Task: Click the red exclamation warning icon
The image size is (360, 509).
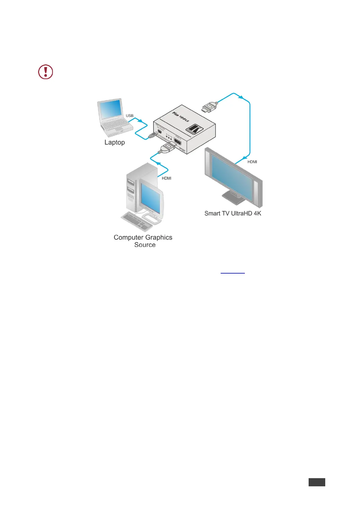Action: [46, 72]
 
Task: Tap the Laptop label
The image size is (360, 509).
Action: [115, 142]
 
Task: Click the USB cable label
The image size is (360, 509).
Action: [130, 116]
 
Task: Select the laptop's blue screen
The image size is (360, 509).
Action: [110, 109]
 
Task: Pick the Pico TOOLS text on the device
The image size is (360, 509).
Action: [180, 116]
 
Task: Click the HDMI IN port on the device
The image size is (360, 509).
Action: [178, 142]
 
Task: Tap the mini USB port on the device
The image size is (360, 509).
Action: [160, 132]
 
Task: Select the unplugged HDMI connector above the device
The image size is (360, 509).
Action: [209, 107]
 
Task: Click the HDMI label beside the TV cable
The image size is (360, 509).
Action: [252, 162]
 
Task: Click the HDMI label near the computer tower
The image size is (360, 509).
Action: [167, 178]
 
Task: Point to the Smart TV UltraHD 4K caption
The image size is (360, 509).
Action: [233, 213]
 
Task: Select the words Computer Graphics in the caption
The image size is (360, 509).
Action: [143, 238]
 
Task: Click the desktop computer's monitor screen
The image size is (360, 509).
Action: [150, 198]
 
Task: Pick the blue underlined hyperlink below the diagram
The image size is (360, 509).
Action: [232, 272]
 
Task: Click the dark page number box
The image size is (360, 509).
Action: [317, 482]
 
